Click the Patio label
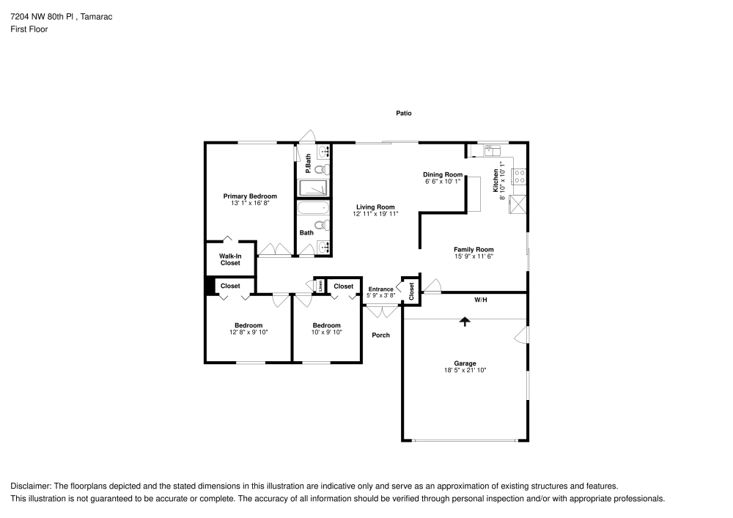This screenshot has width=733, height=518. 404,114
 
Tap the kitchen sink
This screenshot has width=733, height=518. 491,152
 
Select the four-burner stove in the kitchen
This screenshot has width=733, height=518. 517,177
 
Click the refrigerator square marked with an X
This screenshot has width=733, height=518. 518,204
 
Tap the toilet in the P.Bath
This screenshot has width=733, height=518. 323,169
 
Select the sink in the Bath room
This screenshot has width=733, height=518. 323,247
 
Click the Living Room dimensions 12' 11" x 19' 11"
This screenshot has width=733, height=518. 375,215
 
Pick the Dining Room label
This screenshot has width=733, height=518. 443,174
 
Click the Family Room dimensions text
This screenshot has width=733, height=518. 474,256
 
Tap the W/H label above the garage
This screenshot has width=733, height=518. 480,300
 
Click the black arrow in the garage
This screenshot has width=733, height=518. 464,321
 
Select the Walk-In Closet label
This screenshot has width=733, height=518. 230,259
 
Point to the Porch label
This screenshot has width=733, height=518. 380,336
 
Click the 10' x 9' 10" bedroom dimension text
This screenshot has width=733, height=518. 327,333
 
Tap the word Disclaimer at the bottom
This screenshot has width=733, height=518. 29,486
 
